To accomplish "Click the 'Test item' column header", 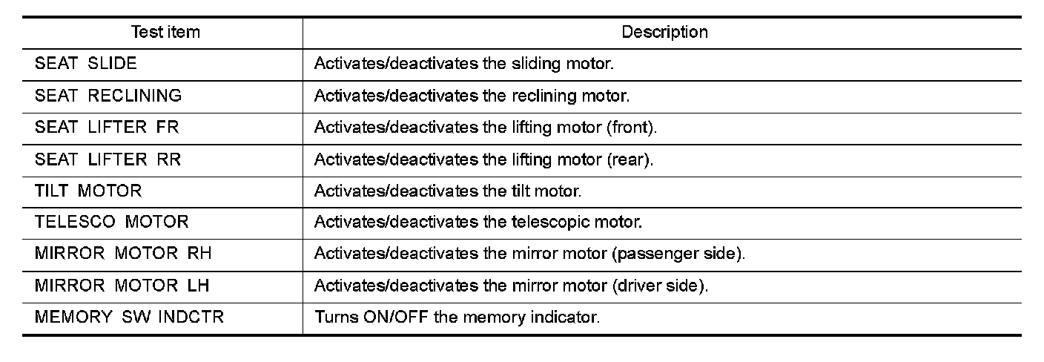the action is pyautogui.click(x=165, y=33).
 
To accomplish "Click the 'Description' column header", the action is pyautogui.click(x=664, y=33).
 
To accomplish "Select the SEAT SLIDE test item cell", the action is pyautogui.click(x=86, y=64).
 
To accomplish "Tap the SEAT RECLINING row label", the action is pyautogui.click(x=108, y=96).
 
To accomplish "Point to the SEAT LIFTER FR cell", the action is pyautogui.click(x=107, y=128).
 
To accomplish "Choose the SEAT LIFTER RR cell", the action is pyautogui.click(x=108, y=159).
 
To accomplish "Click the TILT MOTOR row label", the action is pyautogui.click(x=87, y=191).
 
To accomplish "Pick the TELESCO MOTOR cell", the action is pyautogui.click(x=112, y=223).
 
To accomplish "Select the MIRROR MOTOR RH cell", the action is pyautogui.click(x=123, y=254).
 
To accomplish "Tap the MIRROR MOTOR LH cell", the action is pyautogui.click(x=122, y=286).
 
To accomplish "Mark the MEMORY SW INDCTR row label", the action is pyautogui.click(x=129, y=318).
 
